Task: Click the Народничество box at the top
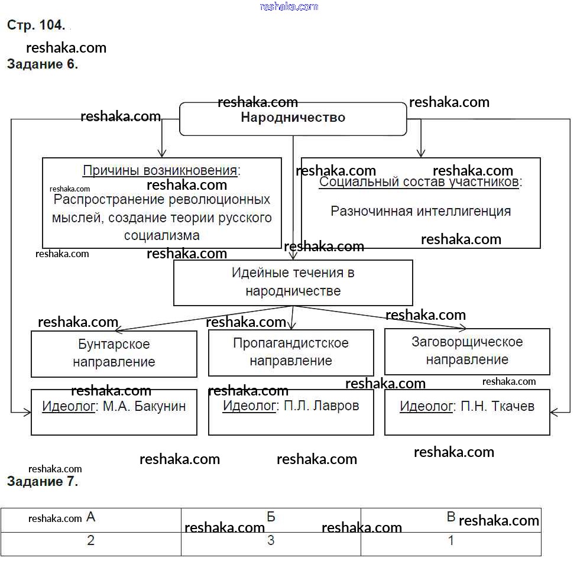tap(293, 118)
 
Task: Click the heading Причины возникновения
tap(161, 171)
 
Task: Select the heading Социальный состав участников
tap(420, 182)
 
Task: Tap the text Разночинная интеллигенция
tap(420, 211)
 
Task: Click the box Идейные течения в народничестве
tap(293, 282)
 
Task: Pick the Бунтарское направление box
tap(114, 353)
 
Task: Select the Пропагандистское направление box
tap(291, 352)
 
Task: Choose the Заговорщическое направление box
tap(467, 351)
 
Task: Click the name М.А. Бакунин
tap(144, 406)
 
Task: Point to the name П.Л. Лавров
tap(321, 406)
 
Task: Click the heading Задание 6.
tap(42, 64)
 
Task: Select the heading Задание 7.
tap(42, 481)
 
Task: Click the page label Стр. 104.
tap(35, 25)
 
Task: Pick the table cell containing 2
tap(90, 540)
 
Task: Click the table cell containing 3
tap(271, 540)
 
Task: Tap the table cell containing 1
tap(451, 540)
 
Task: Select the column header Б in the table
tap(271, 517)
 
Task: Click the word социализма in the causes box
tap(161, 235)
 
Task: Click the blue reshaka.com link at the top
tap(288, 7)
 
